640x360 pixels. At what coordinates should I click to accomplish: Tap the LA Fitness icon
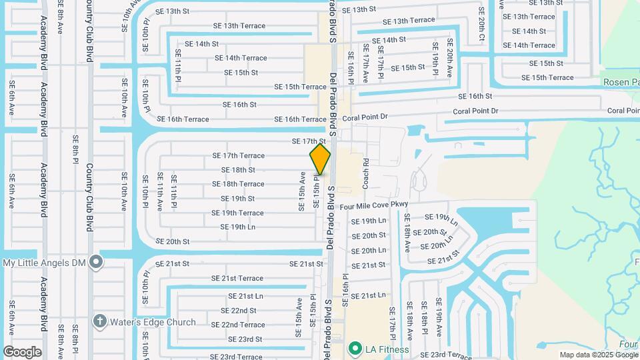tap(355, 348)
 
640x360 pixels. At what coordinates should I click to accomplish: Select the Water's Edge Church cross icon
tap(100, 322)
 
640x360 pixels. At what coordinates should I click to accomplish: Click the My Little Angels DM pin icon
tap(96, 261)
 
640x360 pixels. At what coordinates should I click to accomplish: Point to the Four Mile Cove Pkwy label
tap(373, 206)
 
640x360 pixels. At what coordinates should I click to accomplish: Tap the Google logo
tap(22, 352)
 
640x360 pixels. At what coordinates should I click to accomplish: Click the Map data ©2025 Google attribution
tap(598, 355)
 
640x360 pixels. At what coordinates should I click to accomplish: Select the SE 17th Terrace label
tap(238, 155)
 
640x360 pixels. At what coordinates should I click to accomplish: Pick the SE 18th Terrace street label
tap(238, 184)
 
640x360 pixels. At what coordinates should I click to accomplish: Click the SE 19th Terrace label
tap(237, 213)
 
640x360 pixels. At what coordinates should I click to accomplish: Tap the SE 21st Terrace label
tap(237, 278)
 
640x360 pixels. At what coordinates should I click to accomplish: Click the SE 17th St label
tap(308, 141)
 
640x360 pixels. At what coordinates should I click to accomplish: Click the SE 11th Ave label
tap(160, 192)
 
